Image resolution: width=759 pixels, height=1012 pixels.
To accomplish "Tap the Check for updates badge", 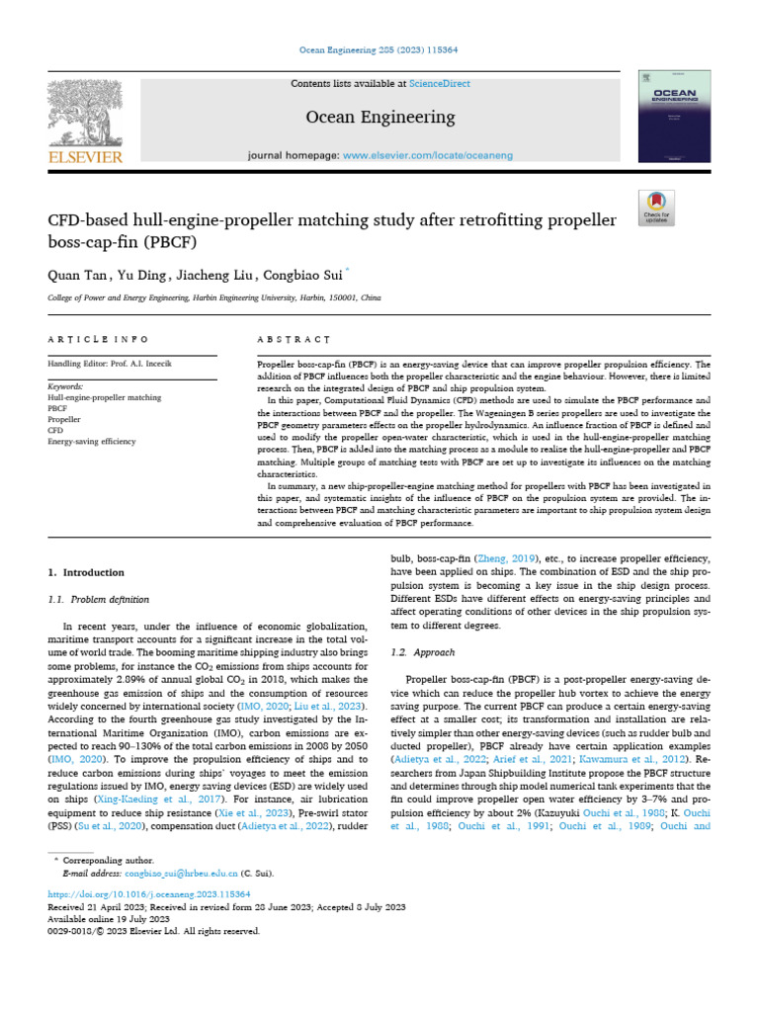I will [x=656, y=204].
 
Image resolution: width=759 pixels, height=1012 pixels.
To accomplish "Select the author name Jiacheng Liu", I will [x=215, y=275].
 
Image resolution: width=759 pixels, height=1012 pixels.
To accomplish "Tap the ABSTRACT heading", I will [x=294, y=339].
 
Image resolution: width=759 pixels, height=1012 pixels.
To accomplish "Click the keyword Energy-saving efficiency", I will [x=93, y=441].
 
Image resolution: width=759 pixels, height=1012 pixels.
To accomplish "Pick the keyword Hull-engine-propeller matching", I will [x=105, y=397].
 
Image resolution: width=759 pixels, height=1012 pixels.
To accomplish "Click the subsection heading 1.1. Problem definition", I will [x=99, y=599].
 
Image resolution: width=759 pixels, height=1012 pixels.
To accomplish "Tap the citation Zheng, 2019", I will [x=511, y=558].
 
